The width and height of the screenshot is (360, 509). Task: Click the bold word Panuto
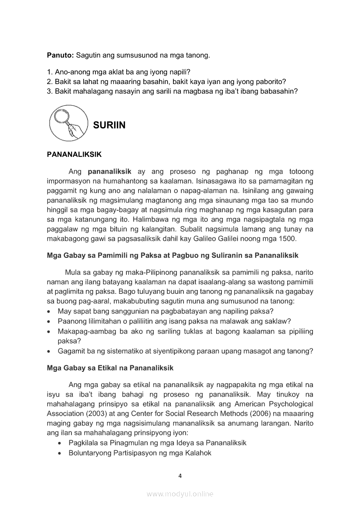coord(60,55)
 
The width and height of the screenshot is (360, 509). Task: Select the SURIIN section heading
coord(109,125)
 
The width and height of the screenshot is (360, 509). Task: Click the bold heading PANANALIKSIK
coord(74,155)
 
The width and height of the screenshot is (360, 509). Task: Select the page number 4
coord(180,475)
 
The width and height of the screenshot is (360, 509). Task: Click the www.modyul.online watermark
coord(180,494)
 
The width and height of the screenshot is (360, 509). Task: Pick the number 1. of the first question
coord(50,72)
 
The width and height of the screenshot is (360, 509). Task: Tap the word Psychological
coord(289,404)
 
